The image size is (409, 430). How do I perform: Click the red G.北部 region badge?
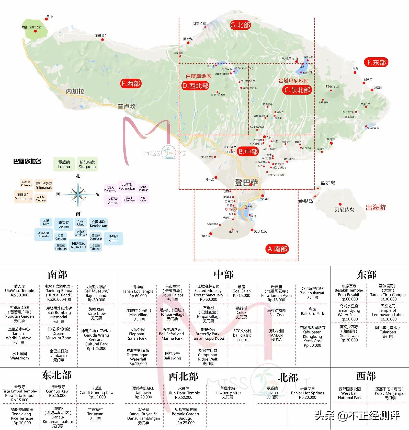pos(240,25)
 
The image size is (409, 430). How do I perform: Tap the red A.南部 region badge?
pos(277,249)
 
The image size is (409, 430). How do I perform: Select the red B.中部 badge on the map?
pos(248,152)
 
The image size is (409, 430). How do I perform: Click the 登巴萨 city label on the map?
pos(247,182)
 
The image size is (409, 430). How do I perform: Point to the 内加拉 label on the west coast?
pos(75,91)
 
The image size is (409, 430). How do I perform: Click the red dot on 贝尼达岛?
pos(340,204)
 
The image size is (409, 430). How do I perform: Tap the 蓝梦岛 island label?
pos(328,182)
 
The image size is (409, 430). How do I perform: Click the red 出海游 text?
pos(376,207)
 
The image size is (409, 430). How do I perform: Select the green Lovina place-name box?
pos(64,164)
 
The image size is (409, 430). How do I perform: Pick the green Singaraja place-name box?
pos(87,164)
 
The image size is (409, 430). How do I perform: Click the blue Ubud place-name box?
pos(81,223)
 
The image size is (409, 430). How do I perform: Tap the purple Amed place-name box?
pos(113,201)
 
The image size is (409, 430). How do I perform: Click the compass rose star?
pos(78,195)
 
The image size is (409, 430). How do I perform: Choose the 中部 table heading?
pos(224,275)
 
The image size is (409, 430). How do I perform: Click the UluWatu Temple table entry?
pos(20,291)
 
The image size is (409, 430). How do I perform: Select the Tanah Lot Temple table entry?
pos(138,291)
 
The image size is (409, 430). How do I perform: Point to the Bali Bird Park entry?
pos(312,311)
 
